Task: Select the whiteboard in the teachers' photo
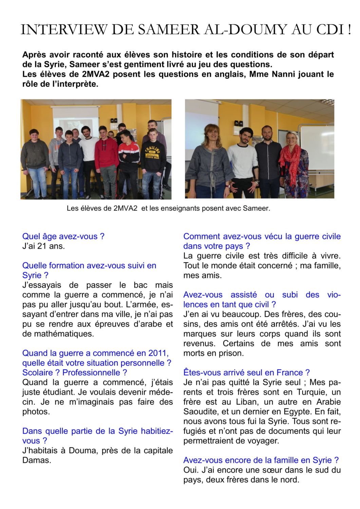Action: pos(317,146)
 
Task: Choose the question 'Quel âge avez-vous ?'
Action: pos(63,237)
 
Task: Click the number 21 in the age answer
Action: pos(42,246)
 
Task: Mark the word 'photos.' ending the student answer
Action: pos(36,412)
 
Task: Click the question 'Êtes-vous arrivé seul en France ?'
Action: pos(246,373)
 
